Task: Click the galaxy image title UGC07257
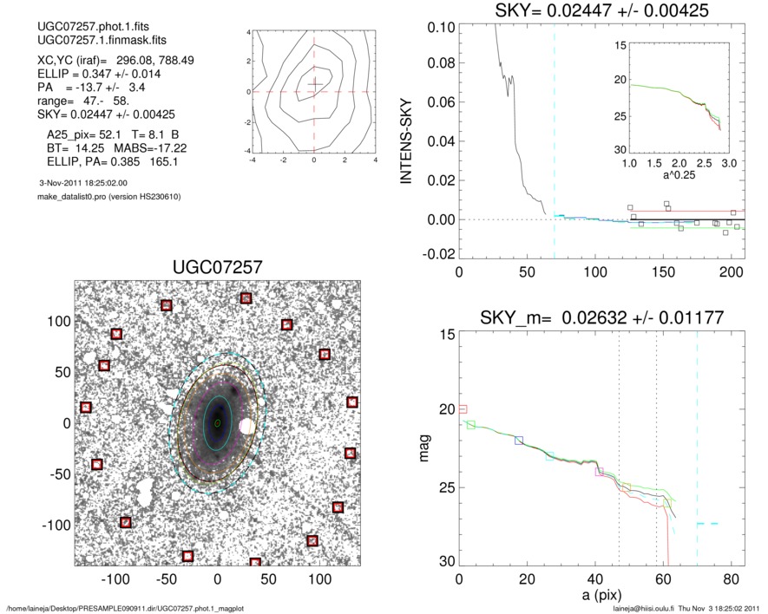click(x=218, y=266)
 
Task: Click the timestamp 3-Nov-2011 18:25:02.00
click(x=83, y=183)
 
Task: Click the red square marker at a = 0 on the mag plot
click(x=463, y=408)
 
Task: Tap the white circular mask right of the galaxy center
click(x=247, y=427)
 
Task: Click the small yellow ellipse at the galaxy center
click(x=217, y=423)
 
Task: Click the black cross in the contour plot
click(x=314, y=84)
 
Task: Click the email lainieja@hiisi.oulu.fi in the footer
click(x=644, y=608)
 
